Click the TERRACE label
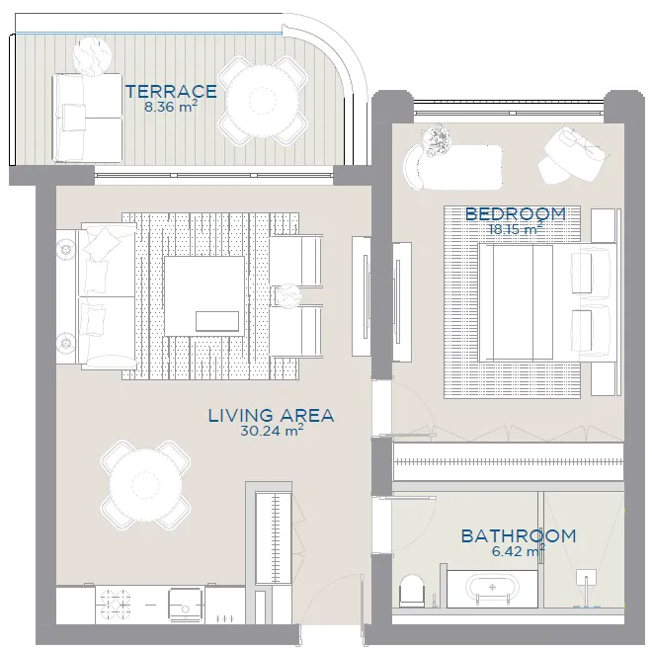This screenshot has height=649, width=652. [x=171, y=92]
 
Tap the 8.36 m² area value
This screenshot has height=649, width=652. [x=171, y=107]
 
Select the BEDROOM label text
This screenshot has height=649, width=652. [x=516, y=213]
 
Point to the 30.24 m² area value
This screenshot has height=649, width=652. [x=272, y=431]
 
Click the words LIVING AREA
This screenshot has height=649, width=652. [x=271, y=415]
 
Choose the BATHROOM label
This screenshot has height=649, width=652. [x=519, y=536]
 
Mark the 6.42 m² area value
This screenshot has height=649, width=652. [x=518, y=551]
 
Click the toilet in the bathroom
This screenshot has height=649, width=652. [x=411, y=591]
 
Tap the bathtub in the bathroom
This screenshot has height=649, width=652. [x=492, y=588]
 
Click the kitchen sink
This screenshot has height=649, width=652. [x=186, y=605]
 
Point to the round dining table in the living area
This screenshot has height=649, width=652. [x=145, y=484]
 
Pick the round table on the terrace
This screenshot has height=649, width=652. [x=263, y=101]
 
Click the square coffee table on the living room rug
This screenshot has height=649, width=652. [x=204, y=296]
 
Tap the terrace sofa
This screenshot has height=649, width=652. [x=87, y=119]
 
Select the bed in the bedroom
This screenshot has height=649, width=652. [x=547, y=302]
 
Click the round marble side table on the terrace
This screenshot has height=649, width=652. [x=92, y=56]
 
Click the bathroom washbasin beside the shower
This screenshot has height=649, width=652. [x=586, y=577]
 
